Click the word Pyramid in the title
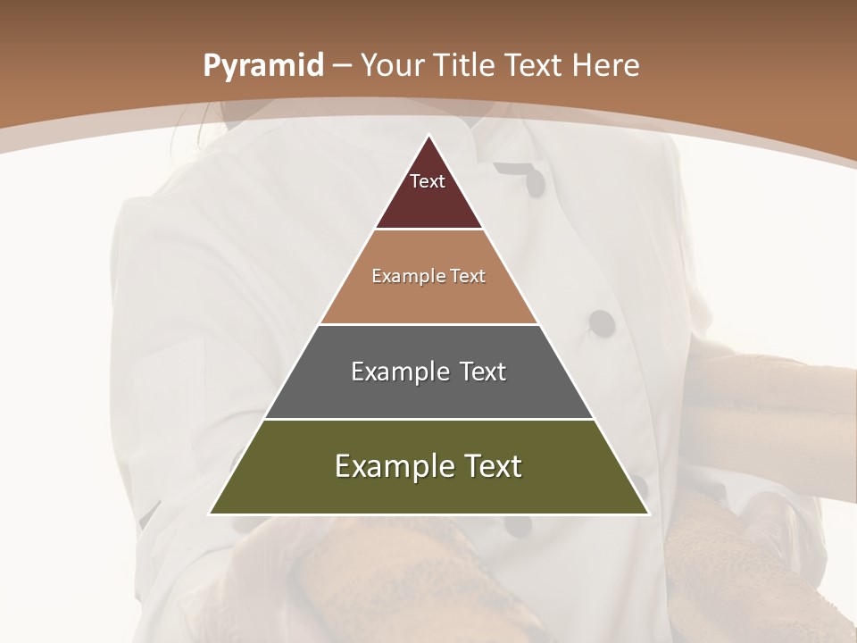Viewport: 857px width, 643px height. [262, 66]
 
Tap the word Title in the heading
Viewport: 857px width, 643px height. [469, 65]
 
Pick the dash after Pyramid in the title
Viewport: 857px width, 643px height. [342, 66]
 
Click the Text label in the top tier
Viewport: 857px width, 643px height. [428, 181]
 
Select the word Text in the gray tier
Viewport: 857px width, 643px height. [485, 372]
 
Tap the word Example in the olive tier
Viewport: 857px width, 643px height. [394, 466]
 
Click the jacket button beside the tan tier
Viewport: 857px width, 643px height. [603, 322]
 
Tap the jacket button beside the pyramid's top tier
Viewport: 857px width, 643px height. [534, 183]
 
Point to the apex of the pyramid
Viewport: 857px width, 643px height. [428, 136]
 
